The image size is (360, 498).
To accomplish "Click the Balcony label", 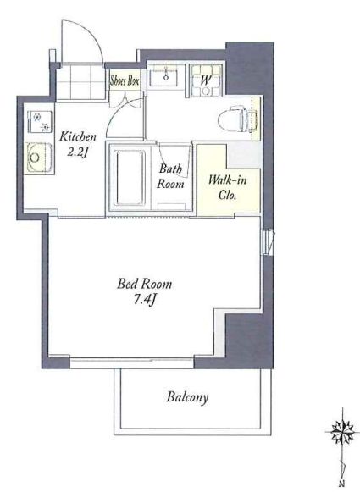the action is pos(187,397).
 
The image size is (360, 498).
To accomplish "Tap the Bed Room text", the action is pos(145,284).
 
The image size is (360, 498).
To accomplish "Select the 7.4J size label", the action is pos(144,299).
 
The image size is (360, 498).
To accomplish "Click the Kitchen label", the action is pos(78,136).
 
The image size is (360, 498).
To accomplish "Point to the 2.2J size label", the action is pos(77,152).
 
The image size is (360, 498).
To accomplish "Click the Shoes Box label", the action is pos(125,80).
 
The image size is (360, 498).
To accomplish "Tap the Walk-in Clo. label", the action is pos(228,187).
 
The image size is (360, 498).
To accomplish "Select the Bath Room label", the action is pos(170,176).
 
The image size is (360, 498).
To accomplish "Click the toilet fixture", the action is pos(237,119).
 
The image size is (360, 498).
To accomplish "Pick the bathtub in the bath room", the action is pos(130,177).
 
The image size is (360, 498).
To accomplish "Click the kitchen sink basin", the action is pos(40,158).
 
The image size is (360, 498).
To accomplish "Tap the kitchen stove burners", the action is pos(40,122).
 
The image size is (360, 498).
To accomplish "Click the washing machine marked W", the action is pos(206,80).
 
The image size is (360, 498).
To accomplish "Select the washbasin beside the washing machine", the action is pos(166,75).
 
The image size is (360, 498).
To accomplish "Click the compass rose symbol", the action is pos(343,432).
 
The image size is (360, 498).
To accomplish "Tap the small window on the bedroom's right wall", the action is pos(269,242).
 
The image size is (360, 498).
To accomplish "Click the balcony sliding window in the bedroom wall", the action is pos(131,362).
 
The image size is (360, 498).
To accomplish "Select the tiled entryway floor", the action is pos(81,82).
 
